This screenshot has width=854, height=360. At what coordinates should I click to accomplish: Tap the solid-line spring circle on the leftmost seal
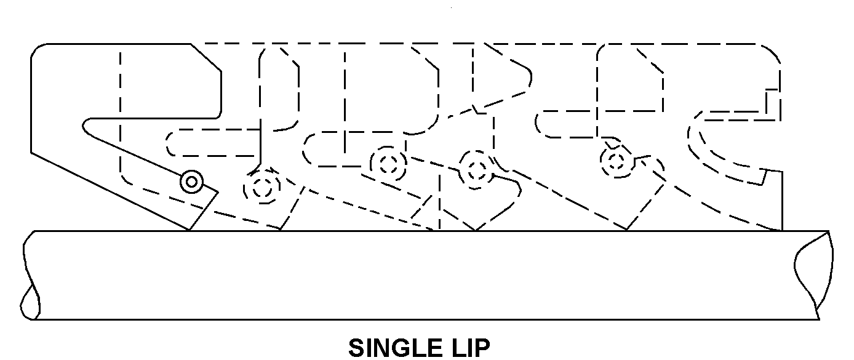coord(192,182)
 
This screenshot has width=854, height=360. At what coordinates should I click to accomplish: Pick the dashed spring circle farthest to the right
coord(617,160)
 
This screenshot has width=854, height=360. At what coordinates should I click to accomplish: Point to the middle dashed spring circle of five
coord(388,164)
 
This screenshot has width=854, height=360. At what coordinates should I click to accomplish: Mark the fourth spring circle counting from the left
coord(477,170)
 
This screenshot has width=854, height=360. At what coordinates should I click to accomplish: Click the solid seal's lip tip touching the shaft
coord(189,230)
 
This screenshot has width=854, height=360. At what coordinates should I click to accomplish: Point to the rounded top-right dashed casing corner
coord(773,52)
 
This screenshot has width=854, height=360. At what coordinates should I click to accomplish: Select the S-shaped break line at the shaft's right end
coord(814,275)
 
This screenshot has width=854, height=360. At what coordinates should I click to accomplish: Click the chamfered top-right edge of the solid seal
coord(206,57)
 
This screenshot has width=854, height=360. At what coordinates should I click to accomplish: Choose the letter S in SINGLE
coord(356,348)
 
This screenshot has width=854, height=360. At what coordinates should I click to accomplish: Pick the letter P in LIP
coord(482,348)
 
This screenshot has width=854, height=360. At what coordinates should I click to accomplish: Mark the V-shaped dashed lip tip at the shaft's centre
coord(476,230)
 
